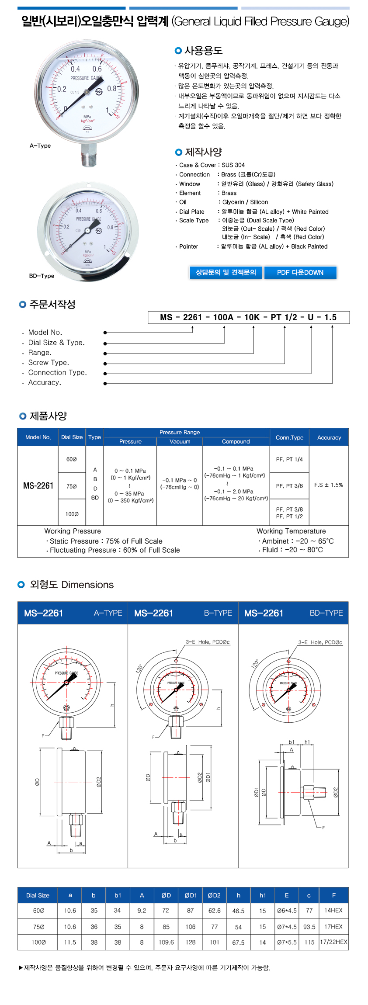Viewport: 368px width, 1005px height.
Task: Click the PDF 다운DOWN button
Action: click(x=300, y=273)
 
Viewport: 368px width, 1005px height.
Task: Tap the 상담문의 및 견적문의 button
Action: click(x=226, y=273)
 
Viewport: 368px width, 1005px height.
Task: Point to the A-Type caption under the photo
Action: click(x=40, y=146)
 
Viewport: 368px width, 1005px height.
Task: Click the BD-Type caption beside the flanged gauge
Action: click(x=42, y=276)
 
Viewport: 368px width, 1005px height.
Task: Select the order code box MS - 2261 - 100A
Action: click(x=248, y=318)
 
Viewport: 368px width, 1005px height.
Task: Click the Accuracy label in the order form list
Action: click(x=45, y=383)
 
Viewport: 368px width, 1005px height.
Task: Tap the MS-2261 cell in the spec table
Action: click(x=38, y=486)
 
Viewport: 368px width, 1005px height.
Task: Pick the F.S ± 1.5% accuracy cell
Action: click(x=329, y=485)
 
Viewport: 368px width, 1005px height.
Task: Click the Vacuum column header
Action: click(x=180, y=442)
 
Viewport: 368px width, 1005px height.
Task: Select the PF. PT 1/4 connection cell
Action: click(x=289, y=459)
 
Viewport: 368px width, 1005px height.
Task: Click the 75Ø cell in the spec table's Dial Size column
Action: click(x=72, y=486)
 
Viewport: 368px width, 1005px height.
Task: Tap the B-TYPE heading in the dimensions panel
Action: click(x=218, y=613)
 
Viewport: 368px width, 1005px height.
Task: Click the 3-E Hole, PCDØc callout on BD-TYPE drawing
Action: click(x=320, y=642)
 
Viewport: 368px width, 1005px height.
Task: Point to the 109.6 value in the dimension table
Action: click(x=166, y=943)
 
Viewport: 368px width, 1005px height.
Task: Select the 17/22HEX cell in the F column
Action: click(x=333, y=942)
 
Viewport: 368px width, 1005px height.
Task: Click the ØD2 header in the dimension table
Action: click(x=214, y=895)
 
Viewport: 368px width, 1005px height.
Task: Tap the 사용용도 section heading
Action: click(x=203, y=51)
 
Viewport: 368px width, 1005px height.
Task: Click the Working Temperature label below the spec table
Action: click(x=291, y=531)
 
